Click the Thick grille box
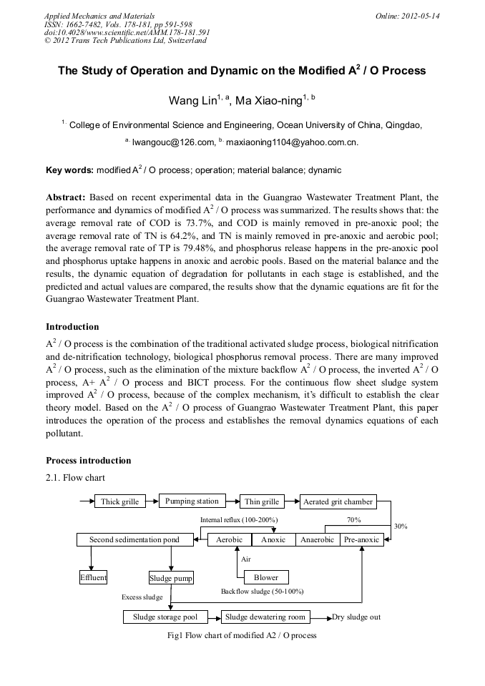tap(119, 501)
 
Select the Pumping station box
tap(190, 501)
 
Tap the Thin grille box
tap(262, 501)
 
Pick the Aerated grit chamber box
tap(338, 501)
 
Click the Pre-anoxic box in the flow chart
tap(361, 539)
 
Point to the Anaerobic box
tap(317, 539)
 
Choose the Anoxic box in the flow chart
tap(273, 539)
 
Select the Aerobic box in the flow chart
tap(229, 539)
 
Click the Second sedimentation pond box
tap(134, 539)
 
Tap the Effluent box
tap(93, 577)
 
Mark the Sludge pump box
tap(171, 577)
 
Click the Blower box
tap(265, 577)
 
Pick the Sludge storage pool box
tap(165, 617)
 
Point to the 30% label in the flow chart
tap(401, 526)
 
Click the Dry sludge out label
tap(356, 617)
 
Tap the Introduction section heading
tap(72, 327)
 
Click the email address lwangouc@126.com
tap(173, 142)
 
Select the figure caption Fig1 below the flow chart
tap(241, 635)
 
